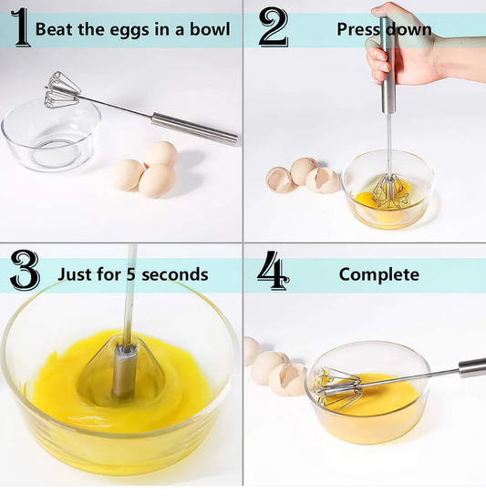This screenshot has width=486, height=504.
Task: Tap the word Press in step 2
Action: pyautogui.click(x=357, y=28)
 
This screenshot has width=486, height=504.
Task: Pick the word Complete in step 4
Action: pyautogui.click(x=378, y=273)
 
